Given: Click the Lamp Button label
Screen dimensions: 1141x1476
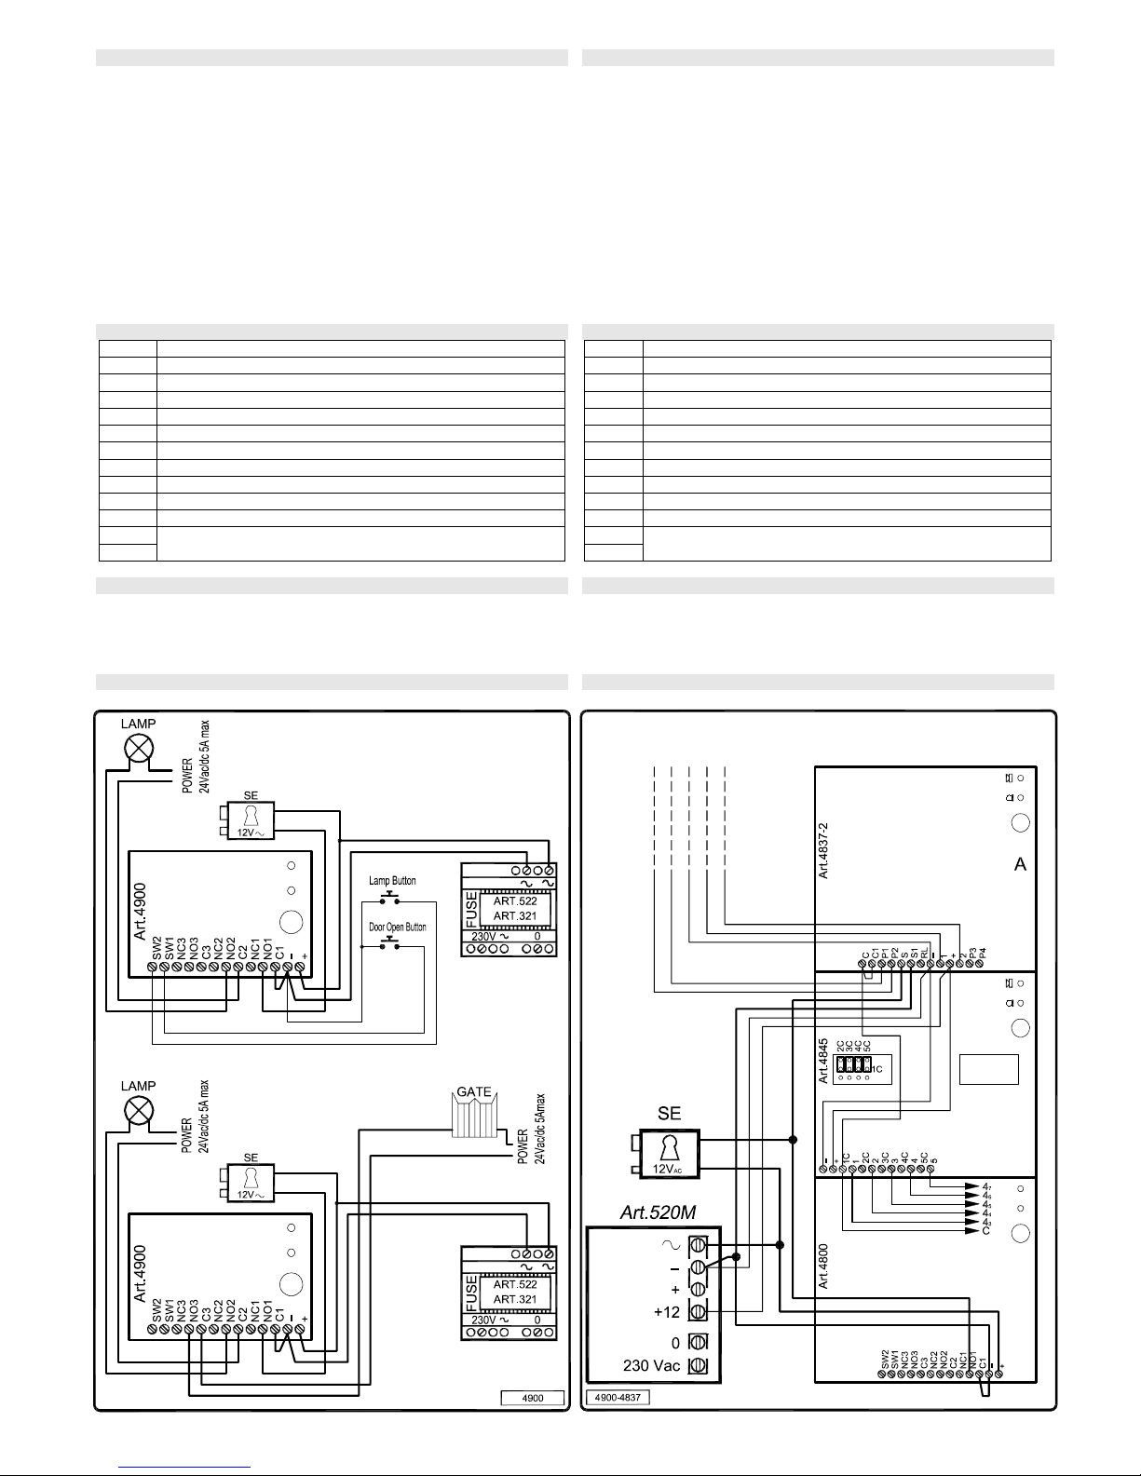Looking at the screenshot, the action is (x=392, y=881).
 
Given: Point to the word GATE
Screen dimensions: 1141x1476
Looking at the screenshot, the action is (x=473, y=1092).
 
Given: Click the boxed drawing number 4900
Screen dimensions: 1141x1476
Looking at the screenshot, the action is (x=534, y=1397).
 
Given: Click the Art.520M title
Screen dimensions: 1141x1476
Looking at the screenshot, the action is (x=658, y=1212).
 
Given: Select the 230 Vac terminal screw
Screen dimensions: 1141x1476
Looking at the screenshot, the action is (x=698, y=1366).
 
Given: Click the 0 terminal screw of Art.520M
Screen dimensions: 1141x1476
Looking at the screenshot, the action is (x=698, y=1343).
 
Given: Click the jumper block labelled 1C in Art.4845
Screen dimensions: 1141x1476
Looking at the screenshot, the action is (x=853, y=1064).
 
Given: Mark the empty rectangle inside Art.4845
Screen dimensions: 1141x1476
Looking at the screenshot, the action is (x=988, y=1069).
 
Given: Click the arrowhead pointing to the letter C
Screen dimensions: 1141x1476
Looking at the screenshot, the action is (x=975, y=1231).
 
